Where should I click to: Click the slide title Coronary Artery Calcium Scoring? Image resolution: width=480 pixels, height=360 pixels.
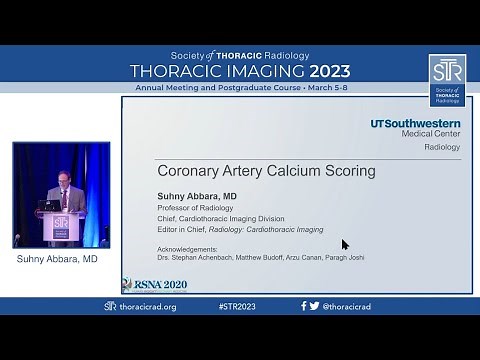coord(266,171)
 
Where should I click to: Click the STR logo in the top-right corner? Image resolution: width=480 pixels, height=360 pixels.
coord(447,79)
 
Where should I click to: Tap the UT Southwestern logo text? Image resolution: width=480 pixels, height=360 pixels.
coord(415,124)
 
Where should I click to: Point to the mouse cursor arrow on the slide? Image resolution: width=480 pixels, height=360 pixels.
coord(345,244)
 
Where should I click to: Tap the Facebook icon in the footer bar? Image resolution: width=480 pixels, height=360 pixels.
coord(304,306)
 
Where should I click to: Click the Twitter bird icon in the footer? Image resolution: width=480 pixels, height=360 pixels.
coord(315,306)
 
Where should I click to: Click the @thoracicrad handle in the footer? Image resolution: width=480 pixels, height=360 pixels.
coord(348,306)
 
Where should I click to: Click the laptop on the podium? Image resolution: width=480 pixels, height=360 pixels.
coord(48,204)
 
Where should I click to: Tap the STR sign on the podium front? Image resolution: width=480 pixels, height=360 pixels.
coord(61,227)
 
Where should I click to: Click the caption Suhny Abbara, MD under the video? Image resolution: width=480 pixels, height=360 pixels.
coord(57,259)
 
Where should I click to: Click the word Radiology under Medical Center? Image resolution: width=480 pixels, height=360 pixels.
coord(442,147)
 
